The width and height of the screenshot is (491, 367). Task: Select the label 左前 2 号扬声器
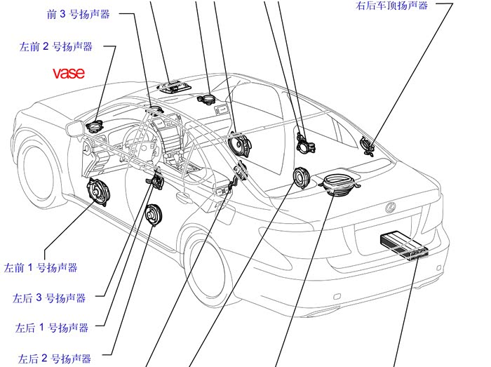click(56, 47)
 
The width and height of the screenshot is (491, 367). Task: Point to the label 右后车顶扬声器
click(391, 6)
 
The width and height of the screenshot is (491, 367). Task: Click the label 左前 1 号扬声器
click(41, 267)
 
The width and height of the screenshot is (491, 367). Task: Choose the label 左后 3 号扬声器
click(49, 298)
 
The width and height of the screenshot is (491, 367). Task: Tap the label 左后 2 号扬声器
click(55, 359)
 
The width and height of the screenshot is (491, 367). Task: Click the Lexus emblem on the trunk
click(391, 207)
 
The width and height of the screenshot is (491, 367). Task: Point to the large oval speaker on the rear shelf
click(339, 185)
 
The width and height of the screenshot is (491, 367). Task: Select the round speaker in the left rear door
click(153, 214)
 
